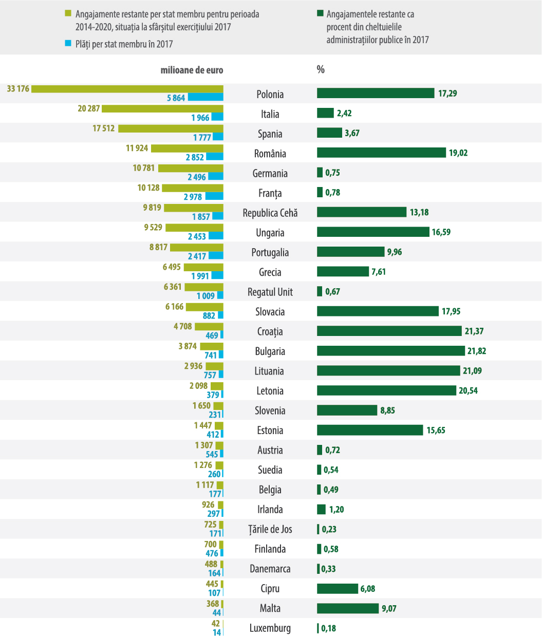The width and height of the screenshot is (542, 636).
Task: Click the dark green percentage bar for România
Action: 381,153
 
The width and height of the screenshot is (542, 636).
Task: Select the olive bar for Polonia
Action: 127,89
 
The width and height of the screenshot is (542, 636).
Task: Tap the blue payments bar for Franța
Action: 214,196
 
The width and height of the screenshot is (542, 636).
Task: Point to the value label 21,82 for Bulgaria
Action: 475,351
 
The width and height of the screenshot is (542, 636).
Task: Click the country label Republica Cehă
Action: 270,213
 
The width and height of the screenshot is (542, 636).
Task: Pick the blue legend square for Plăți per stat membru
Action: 68,44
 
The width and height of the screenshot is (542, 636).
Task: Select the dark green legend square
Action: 320,14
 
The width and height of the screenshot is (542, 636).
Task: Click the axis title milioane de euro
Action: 192,70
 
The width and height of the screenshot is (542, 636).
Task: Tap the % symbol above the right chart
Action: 321,69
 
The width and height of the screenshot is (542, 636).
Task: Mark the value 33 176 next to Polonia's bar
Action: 18,89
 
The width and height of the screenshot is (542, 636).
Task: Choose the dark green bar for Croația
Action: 389,331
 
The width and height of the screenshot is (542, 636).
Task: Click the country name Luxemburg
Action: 270,628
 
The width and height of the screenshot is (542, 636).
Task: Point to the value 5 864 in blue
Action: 176,98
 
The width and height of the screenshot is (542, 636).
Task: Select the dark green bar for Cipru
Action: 337,588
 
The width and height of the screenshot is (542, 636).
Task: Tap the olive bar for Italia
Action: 162,108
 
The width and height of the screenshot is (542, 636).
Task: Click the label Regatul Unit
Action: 270,292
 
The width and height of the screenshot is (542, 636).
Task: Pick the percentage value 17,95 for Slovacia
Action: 451,311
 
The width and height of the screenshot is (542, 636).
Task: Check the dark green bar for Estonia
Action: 370,430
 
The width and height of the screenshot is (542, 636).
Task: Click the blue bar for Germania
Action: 215,177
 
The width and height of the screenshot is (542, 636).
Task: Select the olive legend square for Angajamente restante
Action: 68,14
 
